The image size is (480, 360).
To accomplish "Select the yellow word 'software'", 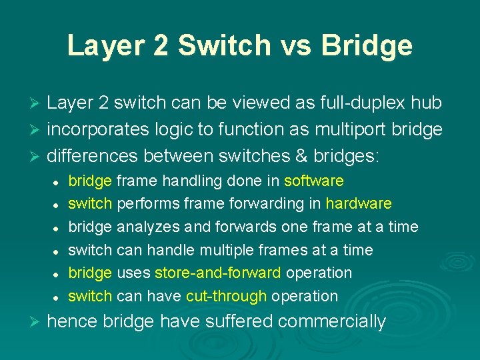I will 314,181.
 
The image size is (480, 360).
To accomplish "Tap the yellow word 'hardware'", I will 359,203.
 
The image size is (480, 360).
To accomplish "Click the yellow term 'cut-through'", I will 227,296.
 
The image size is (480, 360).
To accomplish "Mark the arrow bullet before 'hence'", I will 37,322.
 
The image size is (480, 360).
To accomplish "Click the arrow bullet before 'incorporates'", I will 37,130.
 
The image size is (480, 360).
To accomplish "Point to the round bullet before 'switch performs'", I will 59,205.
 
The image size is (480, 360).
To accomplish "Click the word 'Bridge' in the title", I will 367,45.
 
